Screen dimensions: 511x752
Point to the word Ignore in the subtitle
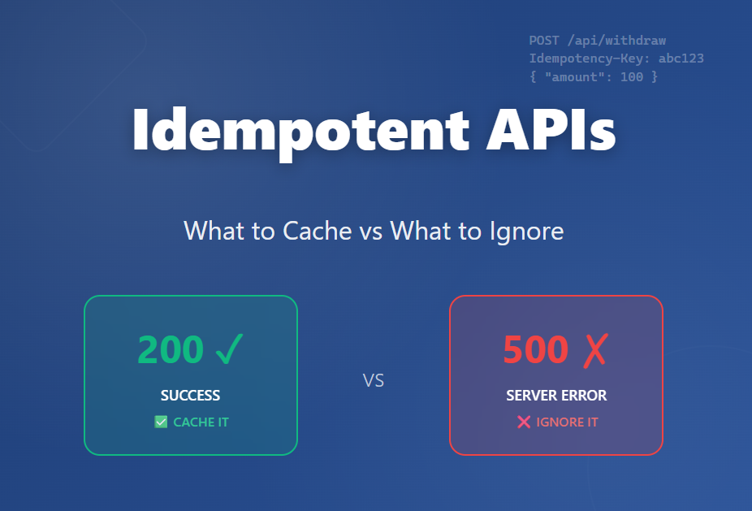click(x=526, y=231)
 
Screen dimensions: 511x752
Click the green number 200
click(x=170, y=349)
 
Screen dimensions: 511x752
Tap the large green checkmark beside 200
click(x=229, y=349)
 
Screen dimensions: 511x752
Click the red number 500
click(x=535, y=349)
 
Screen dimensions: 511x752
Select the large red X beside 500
click(x=595, y=349)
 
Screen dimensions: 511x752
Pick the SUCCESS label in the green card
click(x=191, y=396)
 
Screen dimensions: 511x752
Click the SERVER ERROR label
click(x=556, y=396)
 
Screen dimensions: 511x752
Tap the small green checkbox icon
click(x=161, y=422)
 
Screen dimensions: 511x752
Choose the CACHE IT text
click(x=201, y=422)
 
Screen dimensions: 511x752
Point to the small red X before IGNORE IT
click(x=524, y=422)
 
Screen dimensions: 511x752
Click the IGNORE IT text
click(x=567, y=422)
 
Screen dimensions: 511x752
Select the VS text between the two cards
click(x=374, y=380)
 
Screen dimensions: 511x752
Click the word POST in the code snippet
click(x=544, y=40)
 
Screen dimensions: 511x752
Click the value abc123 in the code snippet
click(x=682, y=58)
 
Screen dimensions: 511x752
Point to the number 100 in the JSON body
click(x=631, y=77)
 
